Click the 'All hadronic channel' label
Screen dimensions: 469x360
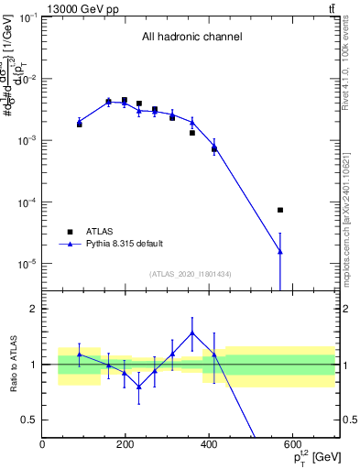pyautogui.click(x=191, y=38)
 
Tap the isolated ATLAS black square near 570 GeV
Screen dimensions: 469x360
pyautogui.click(x=280, y=210)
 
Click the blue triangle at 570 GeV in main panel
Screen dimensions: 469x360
pyautogui.click(x=280, y=251)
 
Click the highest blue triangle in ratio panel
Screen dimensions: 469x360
pyautogui.click(x=192, y=333)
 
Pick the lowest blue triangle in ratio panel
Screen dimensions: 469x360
pyautogui.click(x=139, y=387)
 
